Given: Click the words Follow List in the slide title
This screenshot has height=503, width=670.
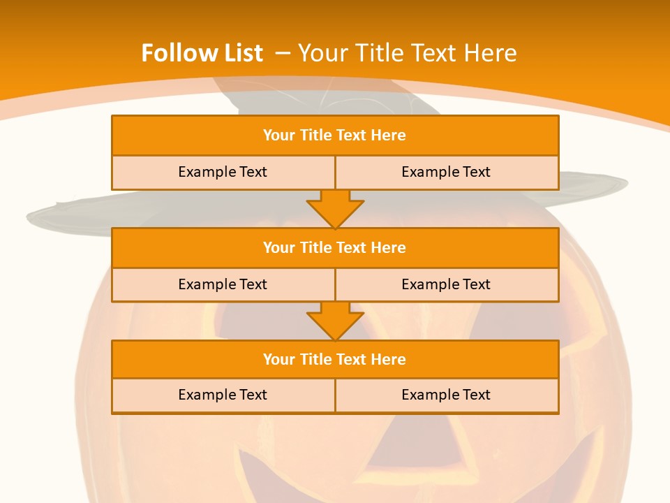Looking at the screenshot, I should pos(202,53).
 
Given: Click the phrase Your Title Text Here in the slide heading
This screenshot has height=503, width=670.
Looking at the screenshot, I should pos(408,53).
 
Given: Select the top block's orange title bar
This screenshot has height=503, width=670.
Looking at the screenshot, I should pos(335,136).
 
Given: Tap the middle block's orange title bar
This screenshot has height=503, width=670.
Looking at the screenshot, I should pos(335,247).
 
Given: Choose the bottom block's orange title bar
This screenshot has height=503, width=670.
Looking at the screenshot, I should pos(335,359).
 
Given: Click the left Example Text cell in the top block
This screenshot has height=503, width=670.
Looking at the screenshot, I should pos(223,172).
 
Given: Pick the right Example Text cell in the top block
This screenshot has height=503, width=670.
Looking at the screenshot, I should pos(446,172).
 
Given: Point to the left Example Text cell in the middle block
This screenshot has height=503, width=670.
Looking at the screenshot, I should pos(223,284).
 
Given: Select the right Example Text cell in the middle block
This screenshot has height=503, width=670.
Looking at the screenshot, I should pos(446,284).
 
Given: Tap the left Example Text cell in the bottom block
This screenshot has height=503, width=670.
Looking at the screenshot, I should pos(223,395).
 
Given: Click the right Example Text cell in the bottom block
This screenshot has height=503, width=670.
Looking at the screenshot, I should pos(446,395).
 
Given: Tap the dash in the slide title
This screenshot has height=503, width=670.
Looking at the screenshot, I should pos(283,53).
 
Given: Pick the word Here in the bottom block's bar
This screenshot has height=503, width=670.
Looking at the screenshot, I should pos(389,359).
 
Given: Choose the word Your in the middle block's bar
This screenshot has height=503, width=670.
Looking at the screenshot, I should pos(278,247).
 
